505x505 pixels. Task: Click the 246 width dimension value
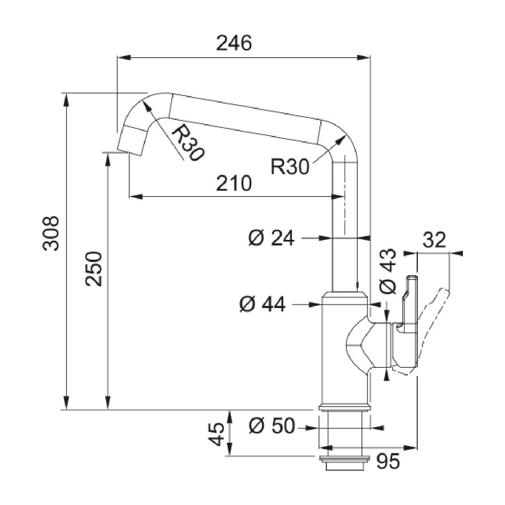pos(234,43)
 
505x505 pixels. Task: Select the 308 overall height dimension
pos(51,234)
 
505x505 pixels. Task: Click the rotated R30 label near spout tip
pos(188,144)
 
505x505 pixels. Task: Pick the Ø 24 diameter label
pos(271,239)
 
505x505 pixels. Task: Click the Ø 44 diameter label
pos(262,303)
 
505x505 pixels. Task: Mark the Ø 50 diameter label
pos(271,426)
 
